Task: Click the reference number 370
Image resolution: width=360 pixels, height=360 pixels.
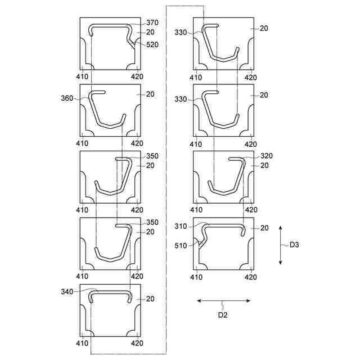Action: pyautogui.click(x=152, y=23)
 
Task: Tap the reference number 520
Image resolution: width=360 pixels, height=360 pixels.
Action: pyautogui.click(x=152, y=44)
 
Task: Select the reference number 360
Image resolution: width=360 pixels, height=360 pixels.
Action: pyautogui.click(x=67, y=99)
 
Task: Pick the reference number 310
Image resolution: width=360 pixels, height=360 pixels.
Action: pyautogui.click(x=181, y=226)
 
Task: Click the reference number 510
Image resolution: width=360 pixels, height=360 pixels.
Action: pyautogui.click(x=181, y=245)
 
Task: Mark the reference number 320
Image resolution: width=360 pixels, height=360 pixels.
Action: pyautogui.click(x=266, y=156)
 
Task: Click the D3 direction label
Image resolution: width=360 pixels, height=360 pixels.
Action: pyautogui.click(x=295, y=245)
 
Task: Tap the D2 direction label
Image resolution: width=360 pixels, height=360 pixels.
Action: pyautogui.click(x=223, y=315)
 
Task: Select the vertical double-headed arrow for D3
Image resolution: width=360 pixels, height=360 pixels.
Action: pyautogui.click(x=281, y=245)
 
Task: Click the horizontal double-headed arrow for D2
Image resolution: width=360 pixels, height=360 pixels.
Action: pyautogui.click(x=223, y=301)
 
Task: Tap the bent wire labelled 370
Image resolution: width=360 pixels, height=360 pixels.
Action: pyautogui.click(x=110, y=25)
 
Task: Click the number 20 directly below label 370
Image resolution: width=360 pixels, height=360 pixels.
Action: pyautogui.click(x=150, y=32)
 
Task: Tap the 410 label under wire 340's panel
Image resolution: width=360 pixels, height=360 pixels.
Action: pyautogui.click(x=83, y=343)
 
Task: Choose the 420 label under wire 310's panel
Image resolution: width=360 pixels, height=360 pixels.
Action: pyautogui.click(x=251, y=277)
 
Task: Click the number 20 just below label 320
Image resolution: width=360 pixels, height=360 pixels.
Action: pyautogui.click(x=264, y=165)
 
